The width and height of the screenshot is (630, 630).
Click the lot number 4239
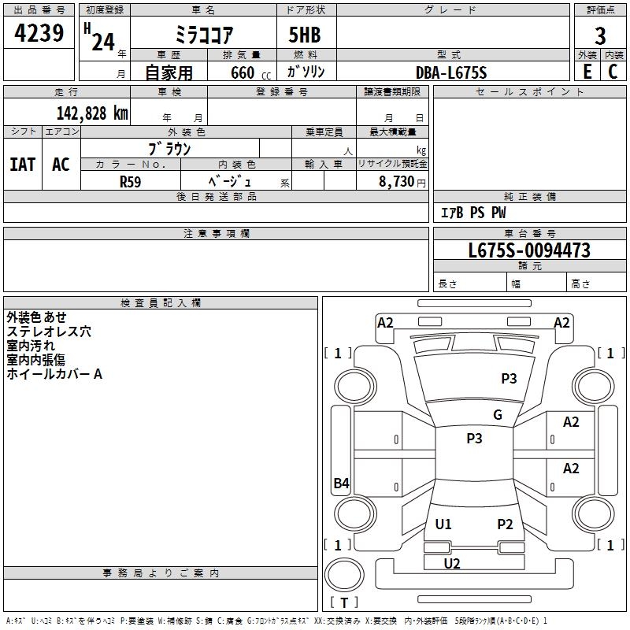(39, 33)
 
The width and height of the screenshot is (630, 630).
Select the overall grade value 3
(600, 36)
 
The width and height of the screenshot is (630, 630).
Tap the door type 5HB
(305, 35)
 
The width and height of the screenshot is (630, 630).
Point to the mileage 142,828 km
(92, 113)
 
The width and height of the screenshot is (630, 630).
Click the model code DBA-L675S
(451, 72)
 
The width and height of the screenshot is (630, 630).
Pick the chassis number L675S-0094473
(529, 250)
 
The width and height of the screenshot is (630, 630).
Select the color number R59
(130, 182)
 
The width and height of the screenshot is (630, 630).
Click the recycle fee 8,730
(396, 182)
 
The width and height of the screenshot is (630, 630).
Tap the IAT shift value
(23, 165)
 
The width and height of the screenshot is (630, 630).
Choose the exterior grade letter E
(587, 72)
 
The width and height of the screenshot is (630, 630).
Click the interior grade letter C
(613, 72)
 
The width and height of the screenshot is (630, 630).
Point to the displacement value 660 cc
(250, 73)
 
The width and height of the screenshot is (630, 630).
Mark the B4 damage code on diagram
(342, 483)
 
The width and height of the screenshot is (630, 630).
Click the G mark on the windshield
(498, 415)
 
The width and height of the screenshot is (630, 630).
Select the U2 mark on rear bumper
(452, 564)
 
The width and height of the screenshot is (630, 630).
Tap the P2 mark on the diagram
(505, 524)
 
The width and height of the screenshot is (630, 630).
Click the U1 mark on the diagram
(443, 524)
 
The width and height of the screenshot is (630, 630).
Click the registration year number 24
(103, 43)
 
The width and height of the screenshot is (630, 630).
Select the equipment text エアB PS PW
(473, 213)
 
